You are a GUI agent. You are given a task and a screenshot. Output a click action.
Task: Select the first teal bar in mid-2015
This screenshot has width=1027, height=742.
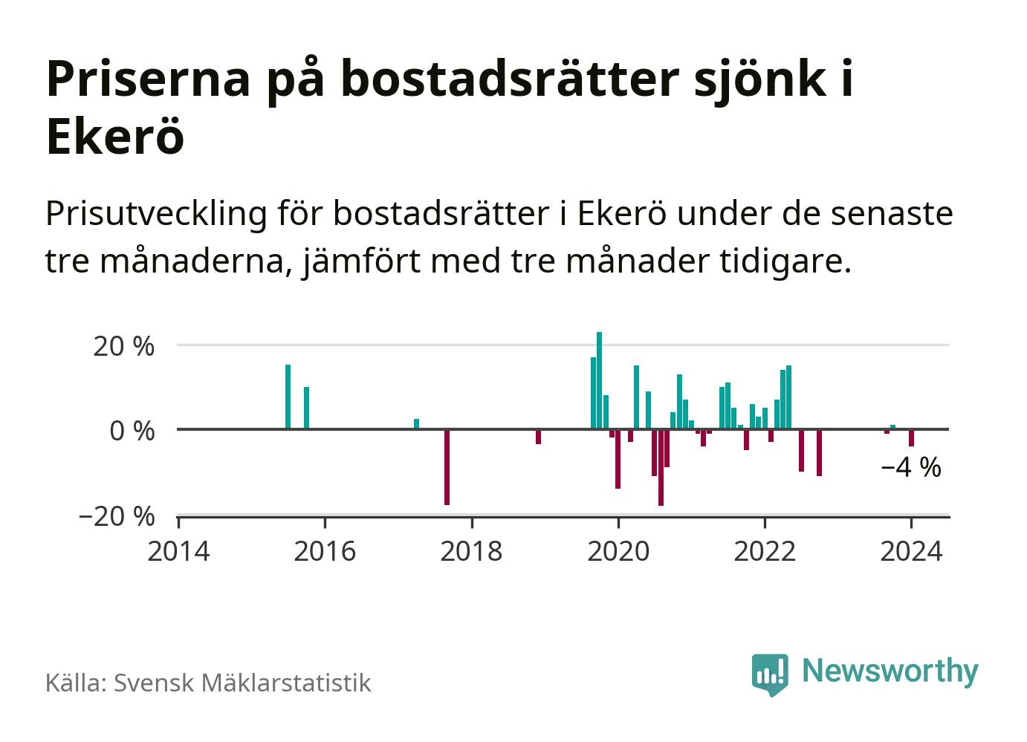(x=288, y=397)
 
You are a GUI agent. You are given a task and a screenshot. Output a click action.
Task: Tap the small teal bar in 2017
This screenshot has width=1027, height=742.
(x=416, y=424)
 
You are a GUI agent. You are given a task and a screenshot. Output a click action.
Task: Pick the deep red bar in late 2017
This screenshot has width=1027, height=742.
(x=447, y=466)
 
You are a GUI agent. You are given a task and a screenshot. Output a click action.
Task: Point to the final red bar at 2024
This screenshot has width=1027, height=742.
(x=911, y=437)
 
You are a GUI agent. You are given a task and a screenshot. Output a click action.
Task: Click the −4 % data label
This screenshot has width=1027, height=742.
(x=910, y=468)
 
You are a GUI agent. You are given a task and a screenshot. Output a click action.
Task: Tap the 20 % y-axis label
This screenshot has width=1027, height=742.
(x=123, y=346)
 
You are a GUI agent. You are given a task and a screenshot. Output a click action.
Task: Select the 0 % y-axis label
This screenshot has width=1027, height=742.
(x=132, y=431)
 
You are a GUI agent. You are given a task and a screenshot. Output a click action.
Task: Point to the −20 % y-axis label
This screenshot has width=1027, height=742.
(x=117, y=516)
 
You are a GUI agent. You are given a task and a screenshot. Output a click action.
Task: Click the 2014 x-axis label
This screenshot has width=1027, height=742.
(x=178, y=552)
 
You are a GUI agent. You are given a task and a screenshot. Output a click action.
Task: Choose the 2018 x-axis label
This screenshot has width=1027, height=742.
(x=471, y=552)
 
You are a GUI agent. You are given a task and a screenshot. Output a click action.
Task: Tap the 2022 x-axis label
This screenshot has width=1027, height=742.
(x=765, y=552)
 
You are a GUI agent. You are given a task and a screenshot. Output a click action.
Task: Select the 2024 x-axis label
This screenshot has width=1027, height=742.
(x=911, y=552)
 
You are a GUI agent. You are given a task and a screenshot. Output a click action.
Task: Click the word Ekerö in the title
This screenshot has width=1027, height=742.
(x=114, y=137)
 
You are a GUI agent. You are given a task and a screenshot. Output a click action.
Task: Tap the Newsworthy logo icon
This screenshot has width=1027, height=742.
(x=770, y=674)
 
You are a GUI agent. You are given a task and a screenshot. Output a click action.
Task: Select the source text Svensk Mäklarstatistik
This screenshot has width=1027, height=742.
(x=242, y=683)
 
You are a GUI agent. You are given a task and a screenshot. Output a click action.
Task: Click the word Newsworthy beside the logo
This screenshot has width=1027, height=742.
(x=890, y=671)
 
